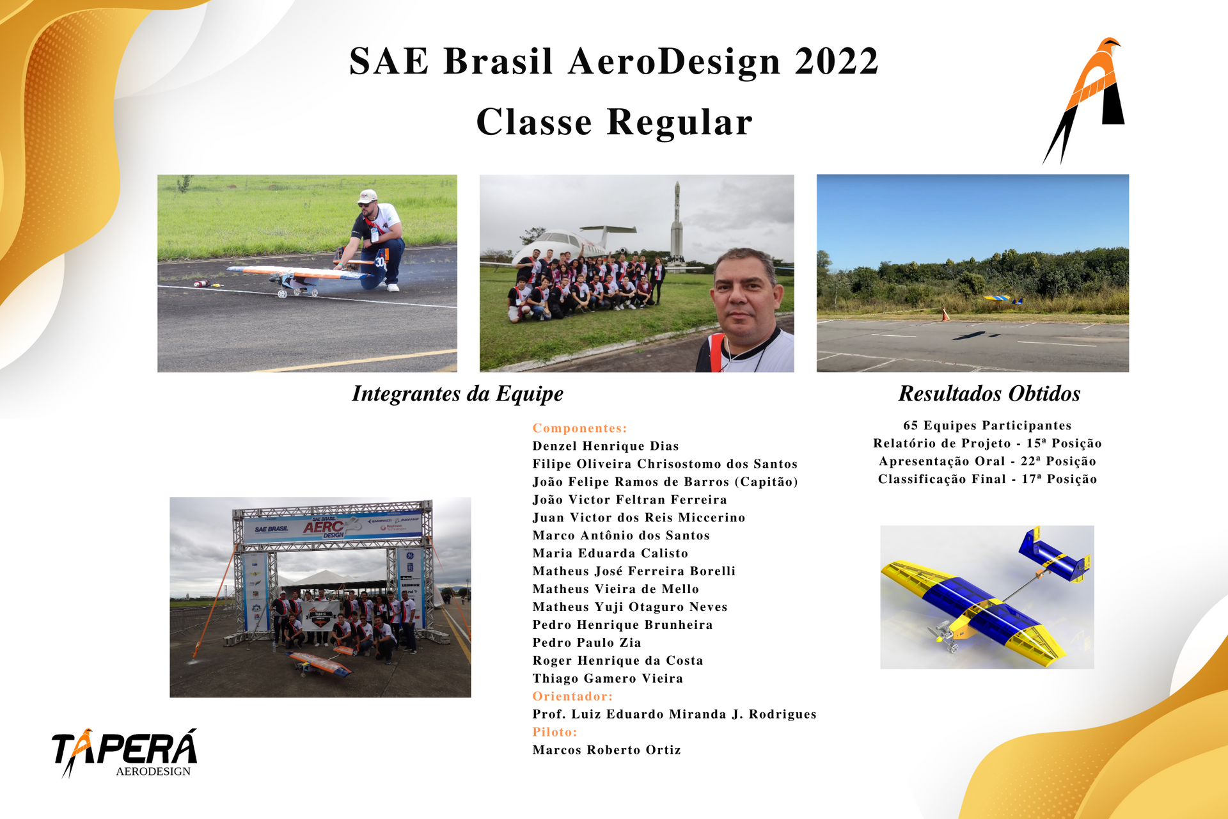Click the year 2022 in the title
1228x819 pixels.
tap(837, 61)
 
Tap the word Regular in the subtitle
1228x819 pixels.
tap(679, 122)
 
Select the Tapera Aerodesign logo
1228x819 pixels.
tap(124, 753)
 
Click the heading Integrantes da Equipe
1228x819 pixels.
tap(457, 394)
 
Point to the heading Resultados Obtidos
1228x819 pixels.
tap(989, 394)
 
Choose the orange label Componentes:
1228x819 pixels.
tap(579, 428)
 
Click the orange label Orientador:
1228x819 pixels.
tap(572, 696)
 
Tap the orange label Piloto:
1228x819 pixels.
tap(555, 732)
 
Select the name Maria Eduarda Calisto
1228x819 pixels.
tap(610, 553)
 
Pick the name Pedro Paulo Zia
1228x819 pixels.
tap(586, 642)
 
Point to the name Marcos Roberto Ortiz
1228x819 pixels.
tap(606, 750)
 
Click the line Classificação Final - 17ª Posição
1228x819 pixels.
tap(988, 479)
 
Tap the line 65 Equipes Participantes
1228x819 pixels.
tap(988, 425)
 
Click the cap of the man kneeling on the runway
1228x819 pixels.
tap(366, 196)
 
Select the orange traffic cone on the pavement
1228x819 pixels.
tap(945, 315)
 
